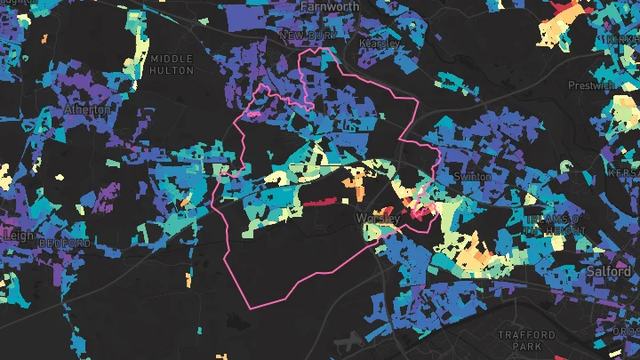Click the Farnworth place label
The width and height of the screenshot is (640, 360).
tap(330, 6)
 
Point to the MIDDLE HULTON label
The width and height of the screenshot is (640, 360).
tap(172, 64)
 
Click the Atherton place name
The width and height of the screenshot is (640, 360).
tap(88, 109)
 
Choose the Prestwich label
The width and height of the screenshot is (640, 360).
tap(591, 85)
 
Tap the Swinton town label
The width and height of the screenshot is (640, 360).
tap(472, 177)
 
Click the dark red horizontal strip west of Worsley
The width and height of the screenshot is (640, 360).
tap(323, 202)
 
